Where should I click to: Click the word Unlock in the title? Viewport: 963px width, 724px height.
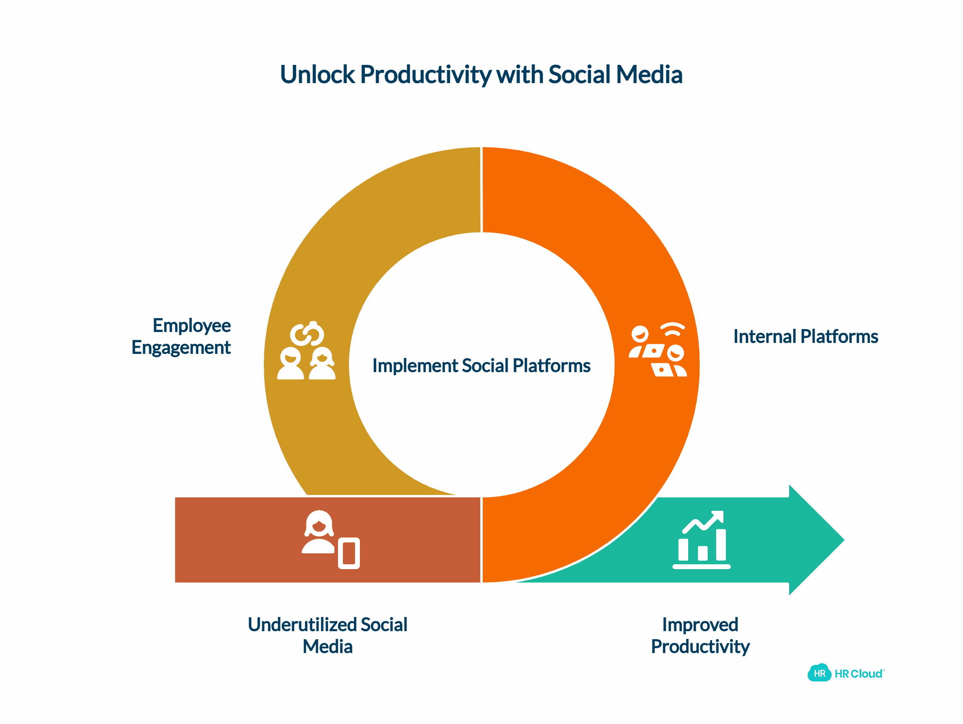pyautogui.click(x=317, y=75)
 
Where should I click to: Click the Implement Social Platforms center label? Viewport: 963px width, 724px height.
pyautogui.click(x=481, y=366)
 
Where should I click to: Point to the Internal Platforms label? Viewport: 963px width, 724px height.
pyautogui.click(x=805, y=336)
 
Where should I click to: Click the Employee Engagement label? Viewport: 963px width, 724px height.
pyautogui.click(x=181, y=336)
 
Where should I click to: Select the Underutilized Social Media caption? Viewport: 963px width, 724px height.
pyautogui.click(x=327, y=635)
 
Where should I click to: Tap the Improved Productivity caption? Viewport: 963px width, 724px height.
pyautogui.click(x=700, y=636)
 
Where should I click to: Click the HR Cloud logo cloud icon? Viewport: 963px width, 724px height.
pyautogui.click(x=820, y=673)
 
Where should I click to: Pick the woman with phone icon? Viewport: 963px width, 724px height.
pyautogui.click(x=330, y=540)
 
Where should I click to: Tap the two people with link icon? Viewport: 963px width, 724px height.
pyautogui.click(x=306, y=351)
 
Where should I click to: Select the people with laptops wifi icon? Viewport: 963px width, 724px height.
pyautogui.click(x=658, y=350)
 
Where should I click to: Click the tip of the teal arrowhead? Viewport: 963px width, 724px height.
pyautogui.click(x=844, y=540)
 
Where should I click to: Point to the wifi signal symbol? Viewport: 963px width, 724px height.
pyautogui.click(x=673, y=330)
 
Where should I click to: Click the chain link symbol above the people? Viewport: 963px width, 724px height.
pyautogui.click(x=307, y=334)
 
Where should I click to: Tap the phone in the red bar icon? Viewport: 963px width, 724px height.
pyautogui.click(x=349, y=553)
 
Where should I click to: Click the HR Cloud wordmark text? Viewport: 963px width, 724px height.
pyautogui.click(x=859, y=674)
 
